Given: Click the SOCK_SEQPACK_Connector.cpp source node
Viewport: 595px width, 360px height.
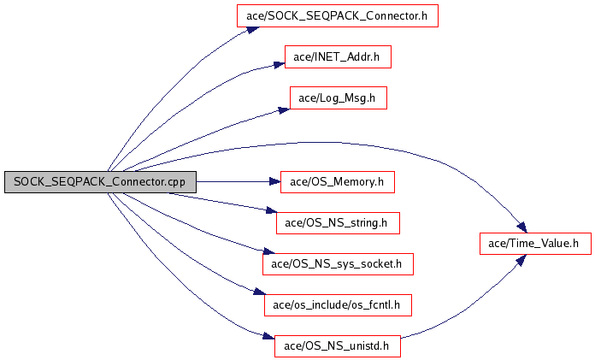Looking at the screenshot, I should pyautogui.click(x=99, y=182).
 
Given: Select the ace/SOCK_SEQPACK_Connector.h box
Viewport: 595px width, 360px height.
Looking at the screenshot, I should pyautogui.click(x=338, y=15).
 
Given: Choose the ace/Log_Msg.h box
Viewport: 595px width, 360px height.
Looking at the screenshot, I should pyautogui.click(x=338, y=98).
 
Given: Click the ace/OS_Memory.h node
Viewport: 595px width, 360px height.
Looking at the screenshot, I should pyautogui.click(x=338, y=181).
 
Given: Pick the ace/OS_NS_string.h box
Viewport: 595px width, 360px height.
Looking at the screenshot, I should pyautogui.click(x=338, y=223).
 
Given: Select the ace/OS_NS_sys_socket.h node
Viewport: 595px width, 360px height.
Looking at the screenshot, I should pyautogui.click(x=338, y=264).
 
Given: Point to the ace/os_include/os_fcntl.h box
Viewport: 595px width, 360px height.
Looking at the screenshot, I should pyautogui.click(x=338, y=305).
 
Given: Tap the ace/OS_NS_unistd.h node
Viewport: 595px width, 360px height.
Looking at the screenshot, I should pyautogui.click(x=338, y=346).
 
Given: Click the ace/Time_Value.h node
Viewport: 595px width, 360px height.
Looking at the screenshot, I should pyautogui.click(x=534, y=244).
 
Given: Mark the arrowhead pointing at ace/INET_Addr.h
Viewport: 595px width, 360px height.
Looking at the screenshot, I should pyautogui.click(x=277, y=65).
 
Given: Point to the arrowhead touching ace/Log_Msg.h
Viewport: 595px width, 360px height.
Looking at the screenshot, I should pyautogui.click(x=282, y=108).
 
